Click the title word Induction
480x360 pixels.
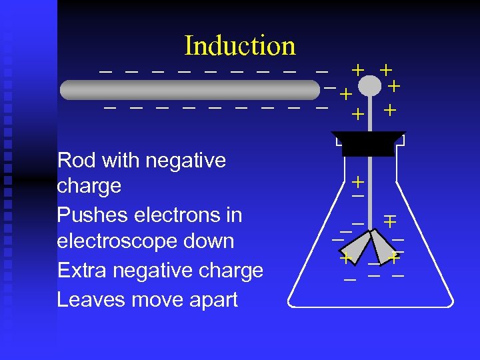[x=240, y=45]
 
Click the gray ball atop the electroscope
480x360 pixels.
[x=369, y=87]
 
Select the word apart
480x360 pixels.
[x=212, y=299]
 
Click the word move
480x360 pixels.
[x=153, y=299]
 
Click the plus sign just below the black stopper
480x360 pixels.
[x=358, y=181]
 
